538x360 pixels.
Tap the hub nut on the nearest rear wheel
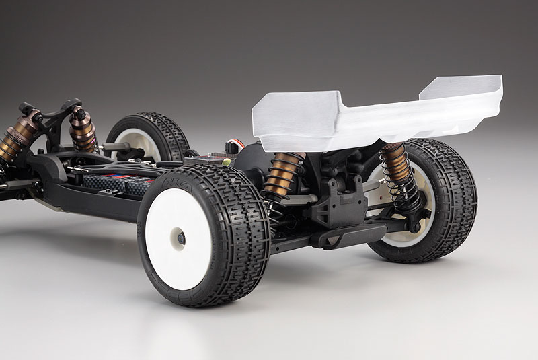pyautogui.click(x=180, y=237)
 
